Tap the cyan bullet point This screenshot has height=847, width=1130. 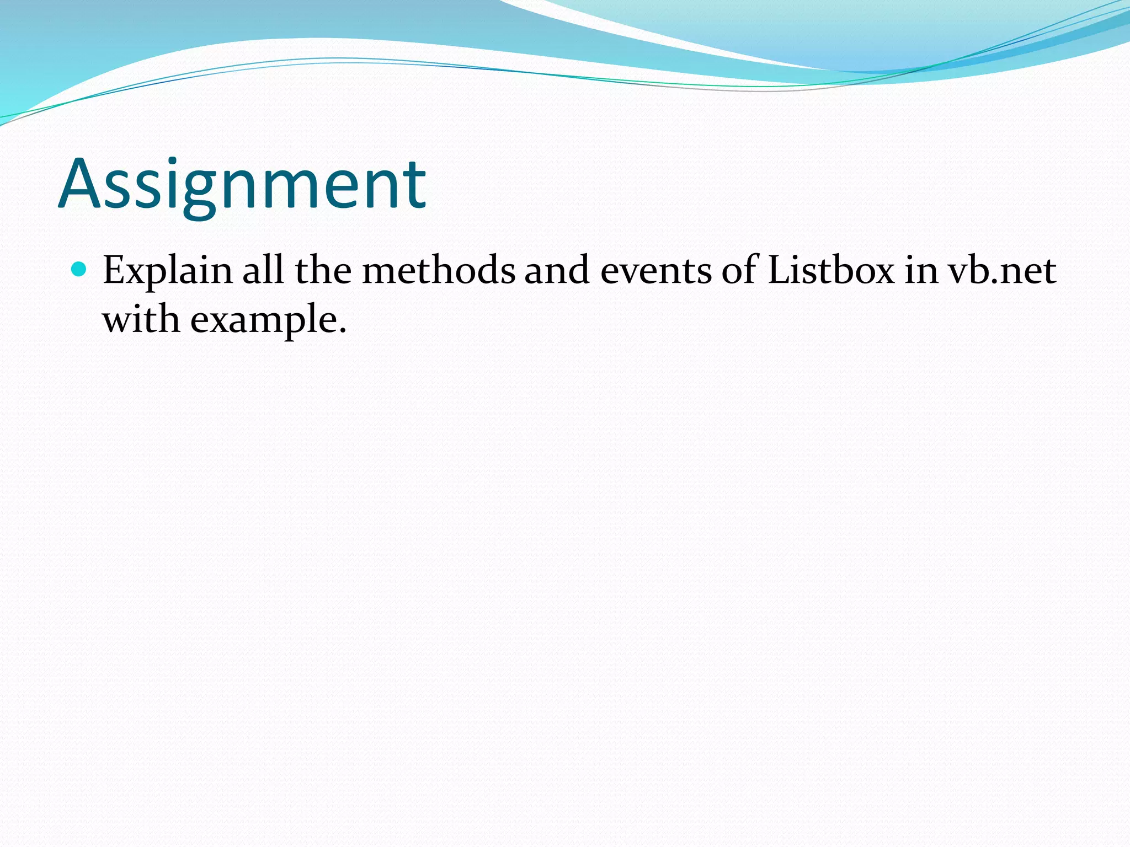[x=79, y=269]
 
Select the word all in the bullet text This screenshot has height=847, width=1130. [x=263, y=270]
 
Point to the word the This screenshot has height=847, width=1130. [x=323, y=270]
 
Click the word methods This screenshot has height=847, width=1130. [x=438, y=270]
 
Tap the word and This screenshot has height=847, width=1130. [x=557, y=270]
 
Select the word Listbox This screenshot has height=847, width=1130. [x=831, y=270]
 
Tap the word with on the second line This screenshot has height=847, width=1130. [x=141, y=319]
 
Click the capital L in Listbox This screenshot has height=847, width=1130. [x=779, y=270]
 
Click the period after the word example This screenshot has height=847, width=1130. [x=343, y=331]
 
